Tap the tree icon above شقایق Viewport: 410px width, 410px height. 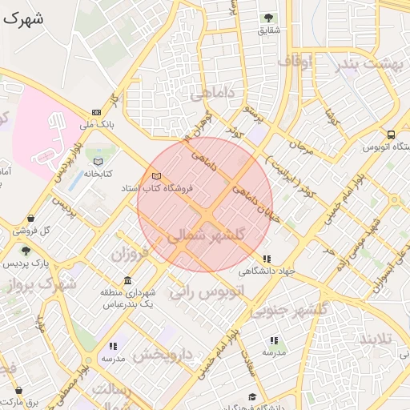[x=268, y=18]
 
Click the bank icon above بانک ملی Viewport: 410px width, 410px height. [x=97, y=112]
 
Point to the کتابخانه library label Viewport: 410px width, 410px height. [x=98, y=174]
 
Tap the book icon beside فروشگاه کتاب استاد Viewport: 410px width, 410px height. [x=155, y=175]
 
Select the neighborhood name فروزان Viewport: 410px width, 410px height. [x=130, y=256]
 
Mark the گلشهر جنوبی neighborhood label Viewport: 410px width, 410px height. [x=289, y=309]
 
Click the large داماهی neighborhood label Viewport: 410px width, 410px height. [x=212, y=94]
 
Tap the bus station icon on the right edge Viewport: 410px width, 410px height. [x=391, y=135]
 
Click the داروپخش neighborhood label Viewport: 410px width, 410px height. [x=163, y=353]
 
